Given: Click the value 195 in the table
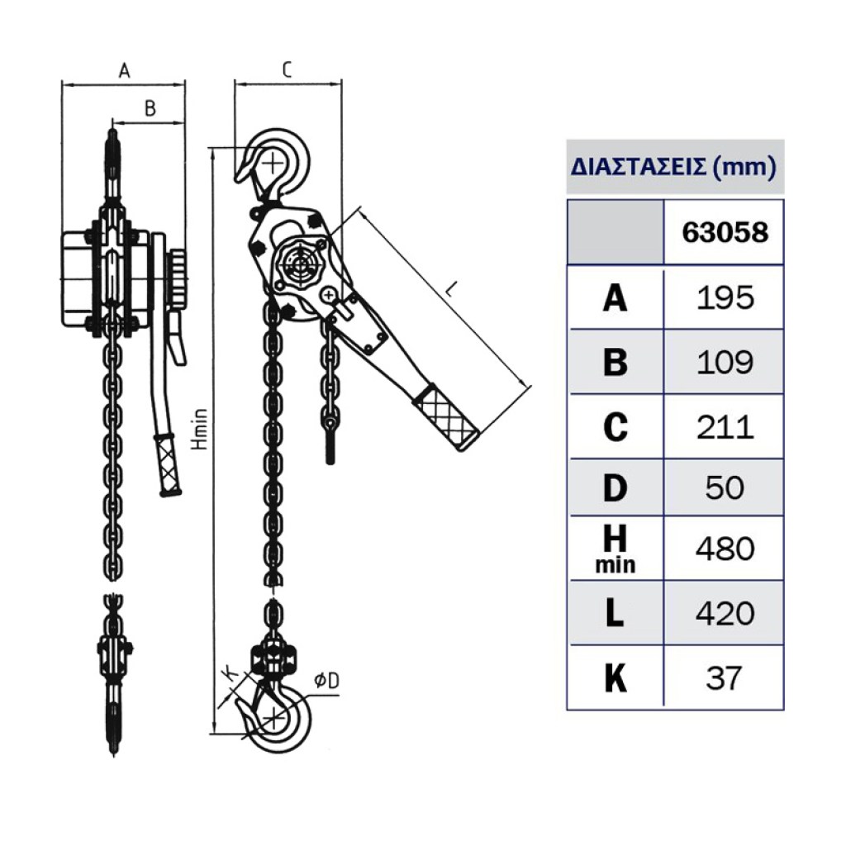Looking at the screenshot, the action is click(x=725, y=297).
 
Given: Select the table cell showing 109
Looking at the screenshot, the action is click(x=725, y=362).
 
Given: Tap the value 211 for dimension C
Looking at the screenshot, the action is click(x=725, y=427).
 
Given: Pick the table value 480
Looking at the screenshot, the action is click(x=725, y=549).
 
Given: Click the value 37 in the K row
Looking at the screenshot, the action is click(x=724, y=678).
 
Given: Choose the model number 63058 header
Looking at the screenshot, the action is click(x=725, y=232).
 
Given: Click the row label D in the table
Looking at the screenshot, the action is click(x=615, y=487).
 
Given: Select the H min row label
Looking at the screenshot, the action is click(x=615, y=549).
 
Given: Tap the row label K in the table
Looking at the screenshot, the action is click(x=615, y=678).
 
